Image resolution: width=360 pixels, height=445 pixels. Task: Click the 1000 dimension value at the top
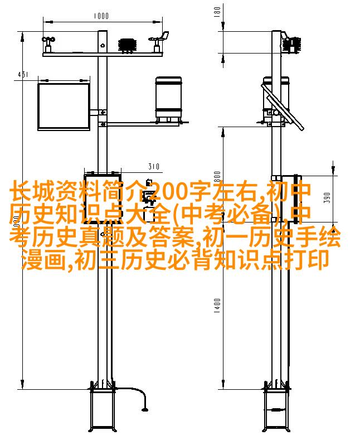point(101,16)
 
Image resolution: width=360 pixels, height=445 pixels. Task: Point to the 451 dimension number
point(22,74)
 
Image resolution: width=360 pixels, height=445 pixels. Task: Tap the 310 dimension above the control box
point(154,166)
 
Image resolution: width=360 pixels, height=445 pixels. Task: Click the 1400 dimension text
point(217,305)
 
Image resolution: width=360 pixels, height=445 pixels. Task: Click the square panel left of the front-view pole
point(64,107)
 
